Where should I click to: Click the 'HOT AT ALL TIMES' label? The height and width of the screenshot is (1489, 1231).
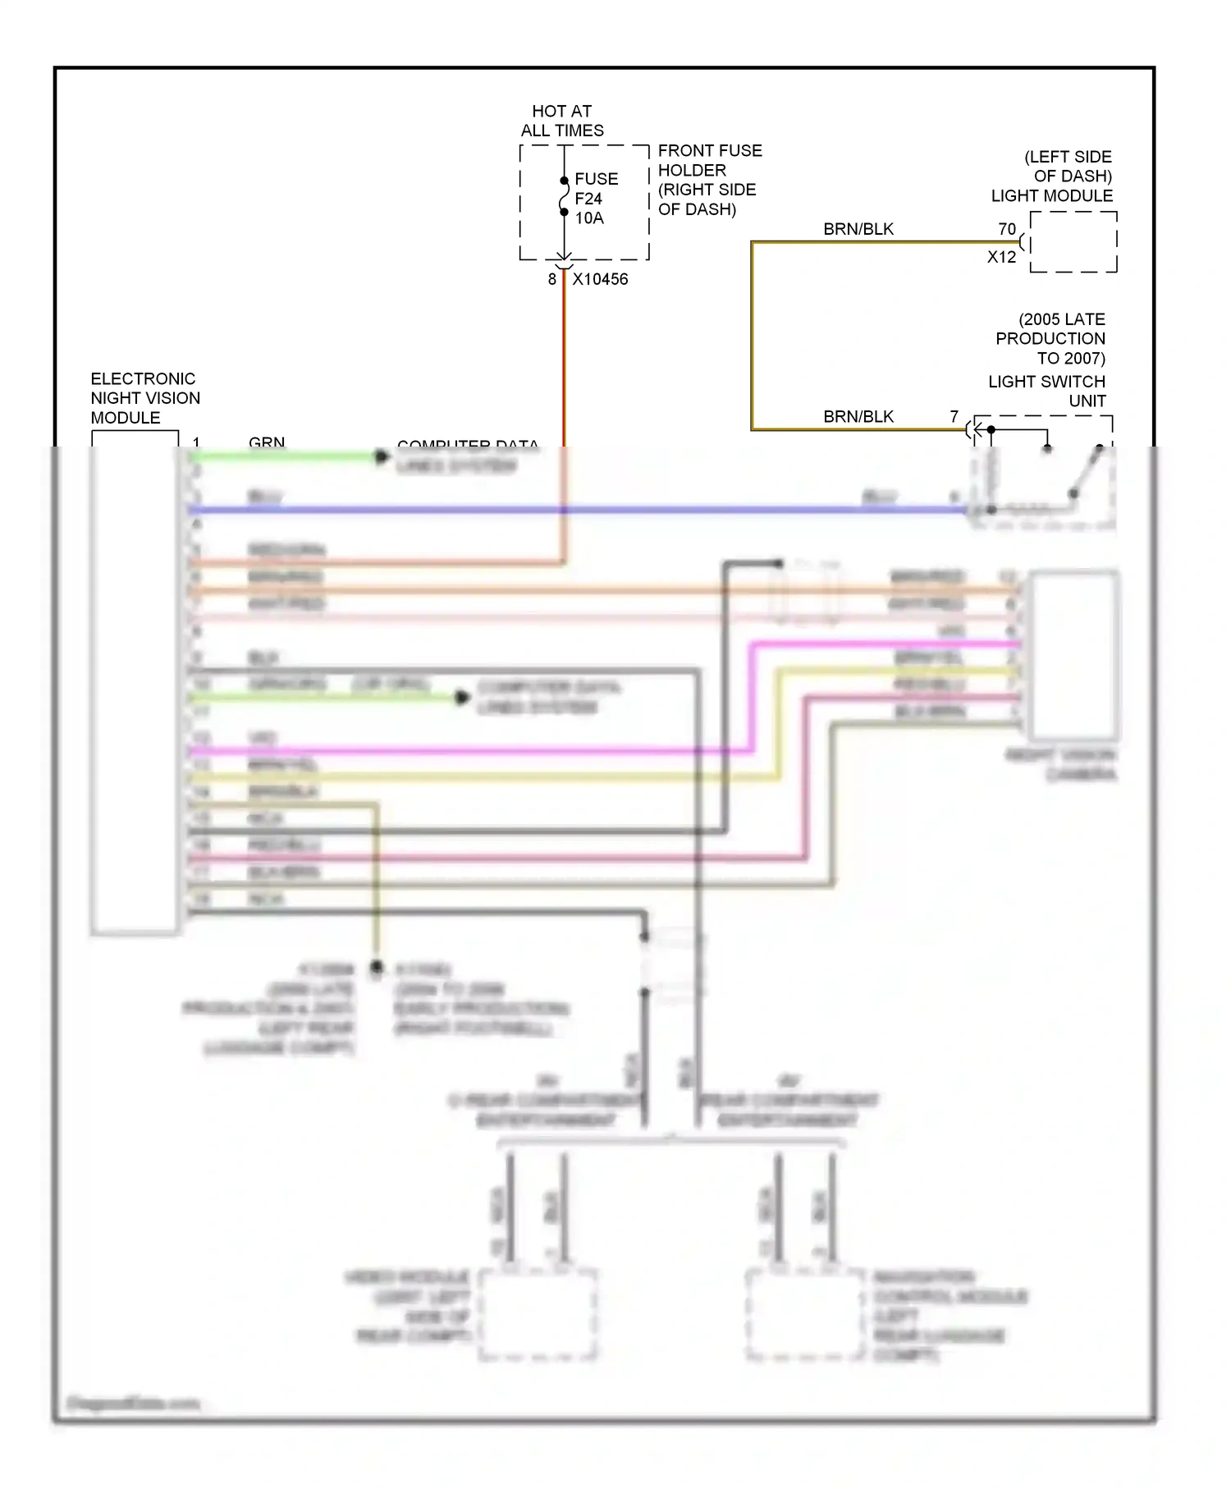(562, 121)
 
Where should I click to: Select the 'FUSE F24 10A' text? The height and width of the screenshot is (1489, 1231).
(595, 199)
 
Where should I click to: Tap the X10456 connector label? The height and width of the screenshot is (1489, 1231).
(600, 279)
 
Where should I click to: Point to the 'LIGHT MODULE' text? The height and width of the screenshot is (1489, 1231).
(1051, 196)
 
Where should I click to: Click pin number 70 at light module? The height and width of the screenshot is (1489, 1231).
(1007, 229)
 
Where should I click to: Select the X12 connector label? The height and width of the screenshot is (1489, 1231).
(1001, 257)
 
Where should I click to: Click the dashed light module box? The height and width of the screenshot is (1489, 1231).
(1073, 242)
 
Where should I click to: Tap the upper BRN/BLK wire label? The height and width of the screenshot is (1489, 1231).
(858, 229)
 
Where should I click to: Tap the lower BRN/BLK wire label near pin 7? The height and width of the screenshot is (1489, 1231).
(858, 417)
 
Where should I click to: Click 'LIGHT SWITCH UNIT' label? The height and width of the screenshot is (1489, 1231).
(1047, 392)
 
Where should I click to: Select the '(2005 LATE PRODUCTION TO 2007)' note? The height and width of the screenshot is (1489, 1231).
(1052, 338)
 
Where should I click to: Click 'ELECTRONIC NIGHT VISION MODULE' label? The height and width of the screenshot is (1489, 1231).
(145, 398)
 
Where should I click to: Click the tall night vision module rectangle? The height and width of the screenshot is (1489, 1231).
(135, 681)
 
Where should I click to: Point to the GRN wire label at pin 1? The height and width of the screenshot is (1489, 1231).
(267, 442)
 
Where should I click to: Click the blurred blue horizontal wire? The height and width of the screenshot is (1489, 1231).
(574, 510)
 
